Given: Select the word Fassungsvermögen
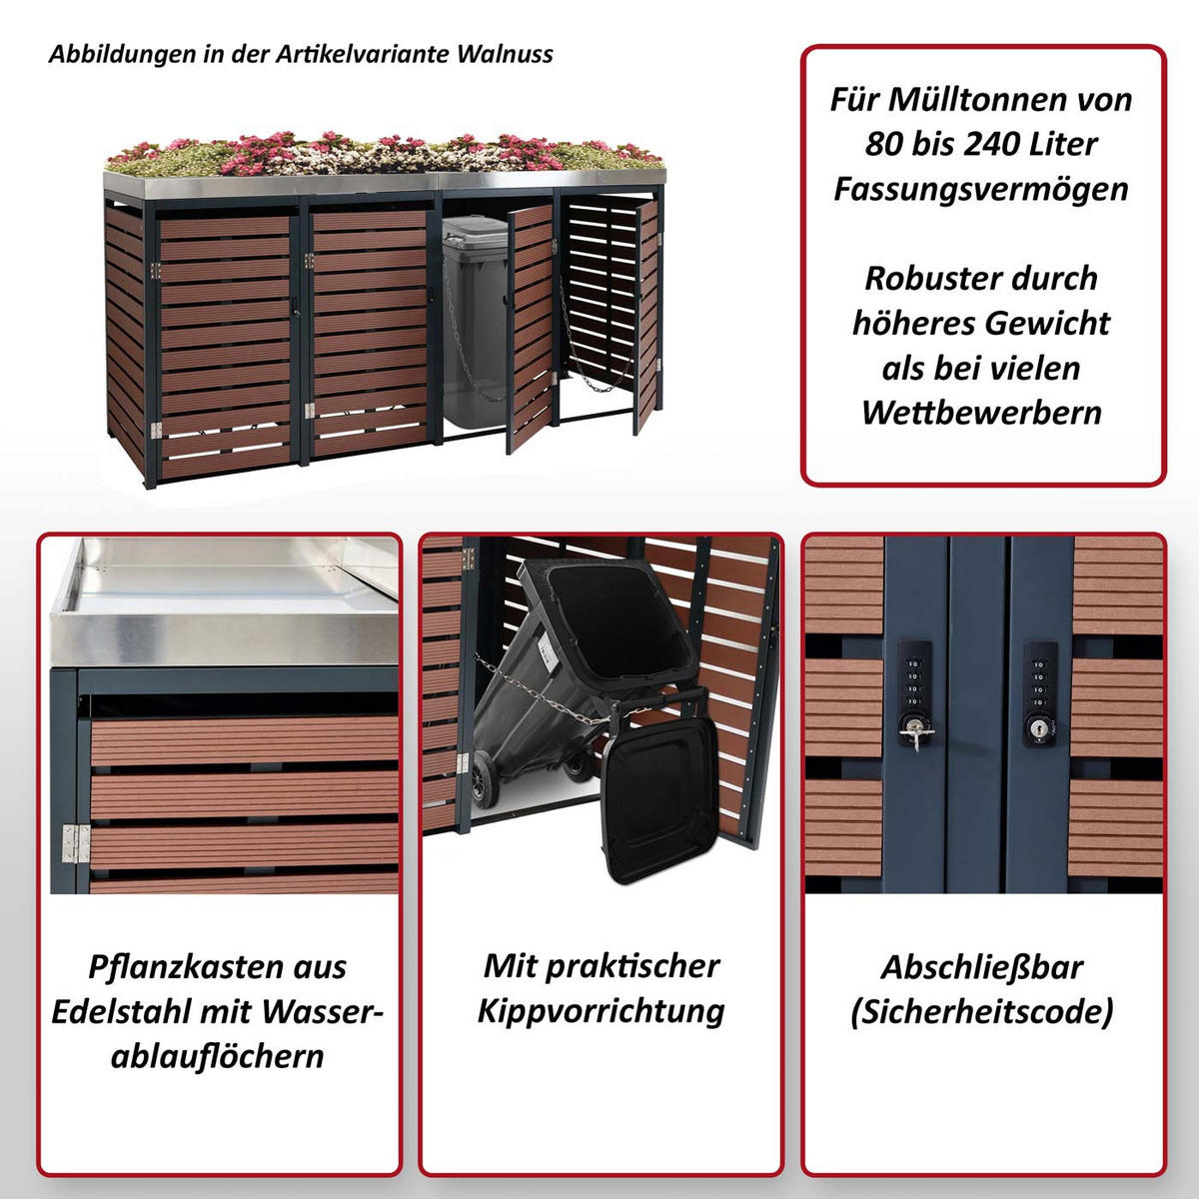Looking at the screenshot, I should (x=982, y=189).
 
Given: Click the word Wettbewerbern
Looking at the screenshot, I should (x=982, y=412).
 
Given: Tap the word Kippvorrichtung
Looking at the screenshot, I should (x=600, y=1010).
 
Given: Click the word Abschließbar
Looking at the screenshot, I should (x=982, y=966).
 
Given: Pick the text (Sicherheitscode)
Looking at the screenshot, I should (x=982, y=1011).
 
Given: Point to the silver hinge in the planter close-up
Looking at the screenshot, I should (x=70, y=844).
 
